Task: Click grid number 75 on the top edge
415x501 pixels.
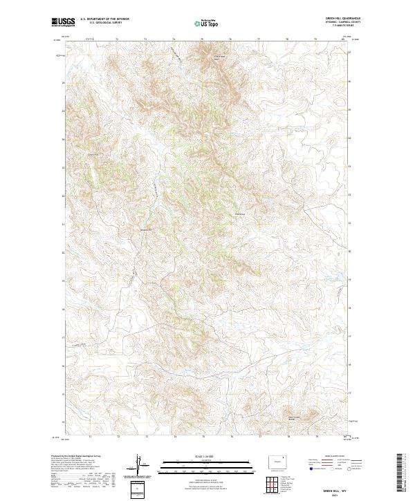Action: (203, 39)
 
